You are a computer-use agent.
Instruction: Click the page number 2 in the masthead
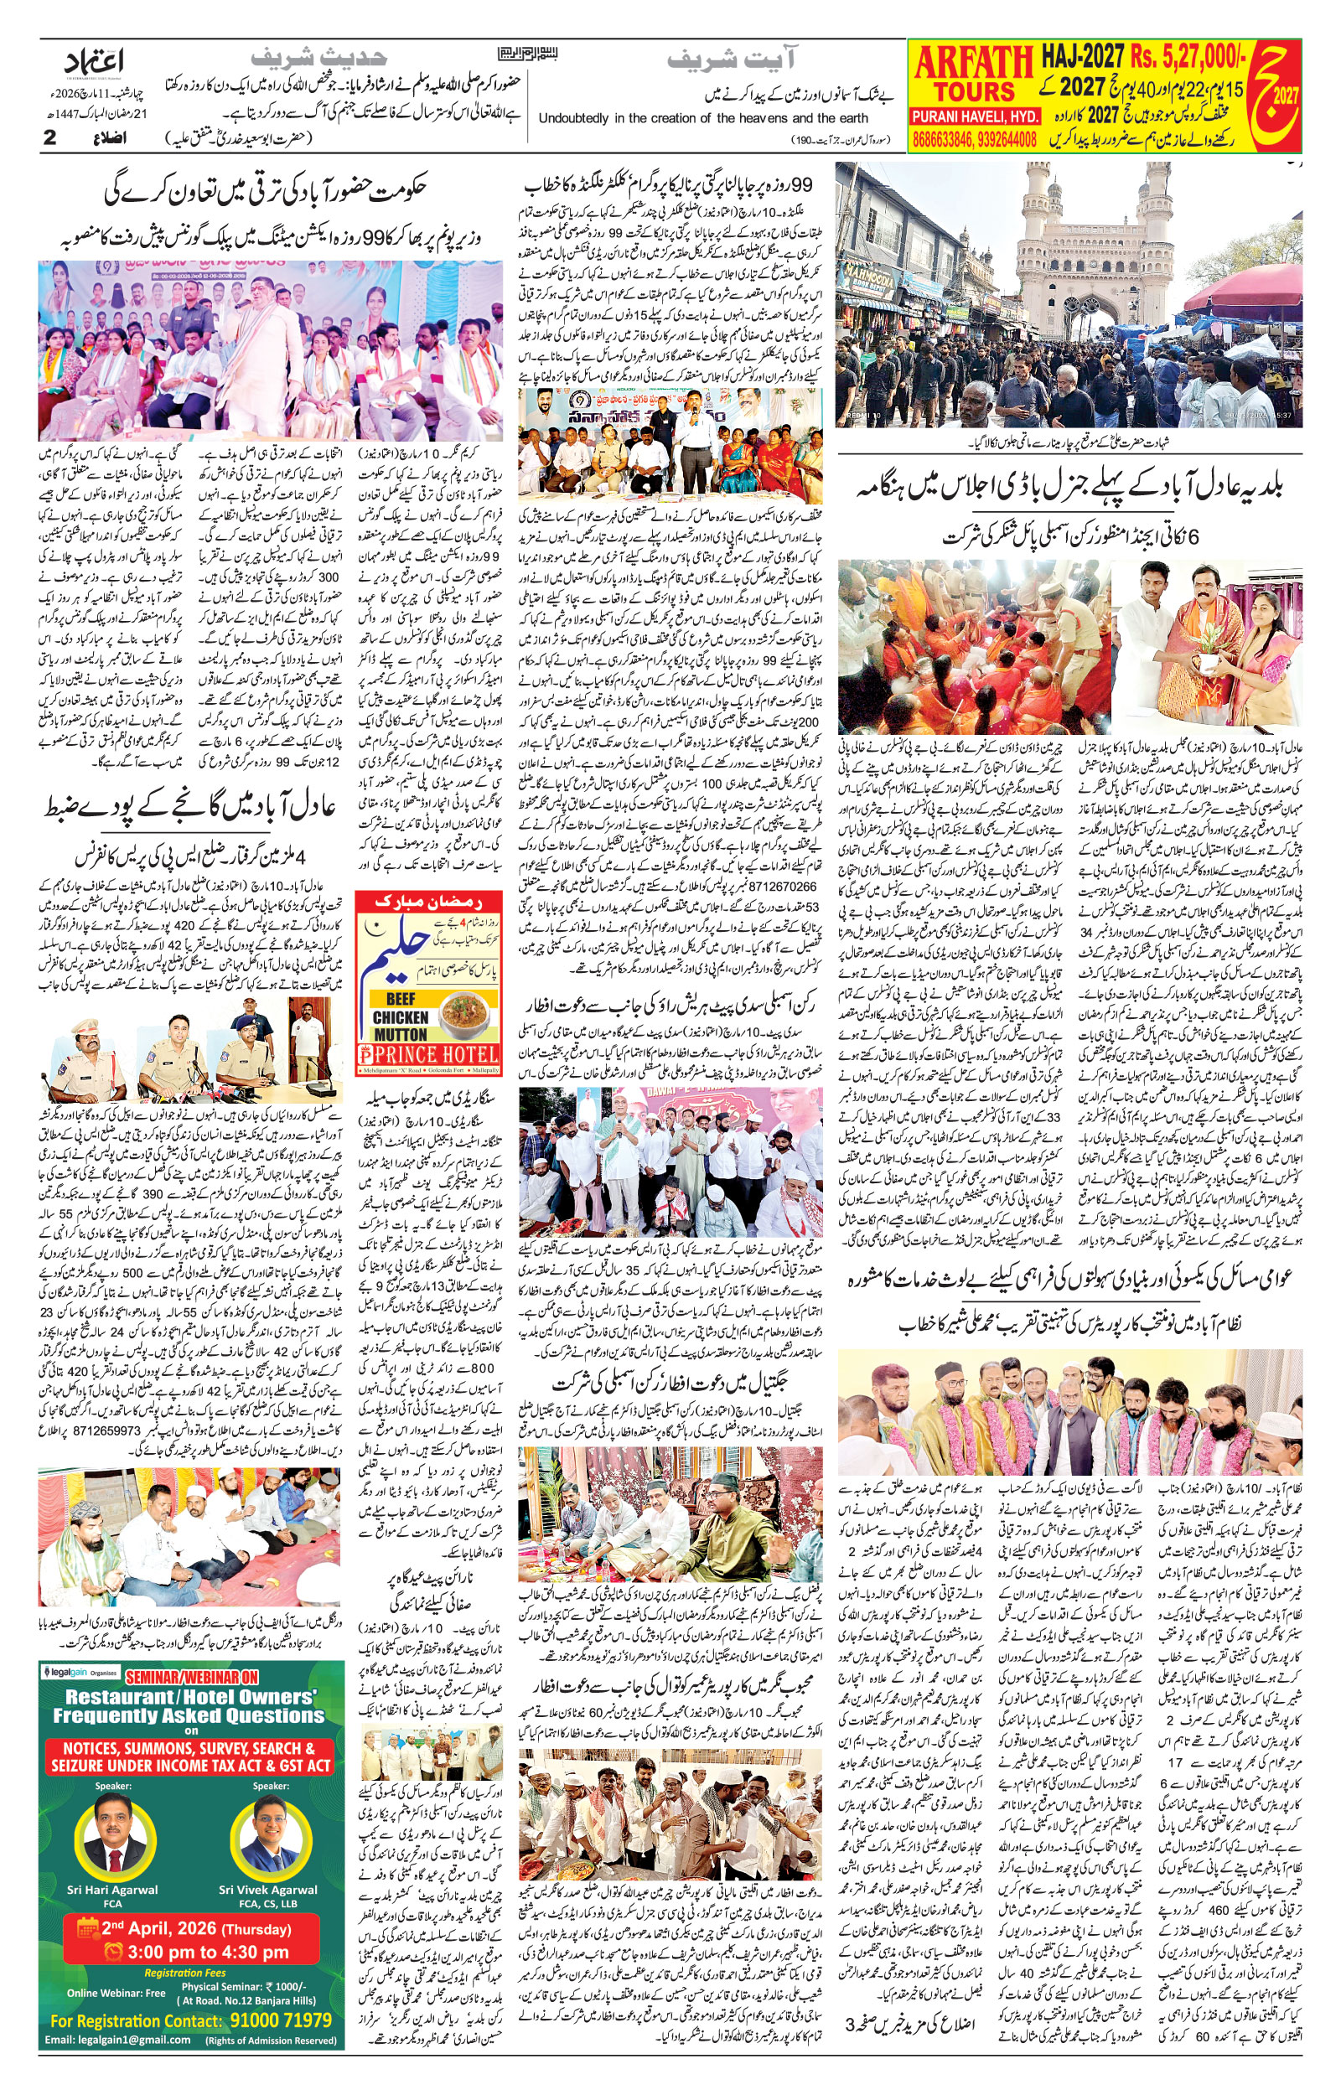click(x=49, y=137)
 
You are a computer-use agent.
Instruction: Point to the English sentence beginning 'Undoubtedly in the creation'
click(x=702, y=118)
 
